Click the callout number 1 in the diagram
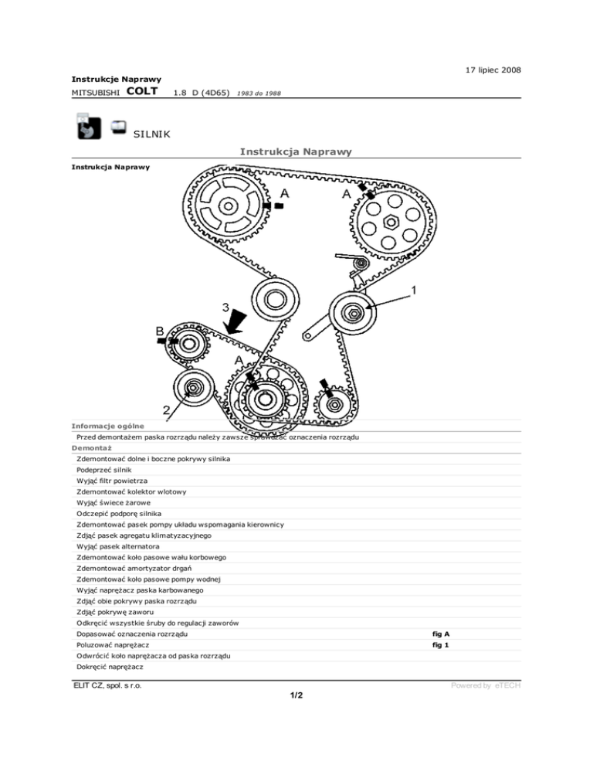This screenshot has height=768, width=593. pyautogui.click(x=415, y=291)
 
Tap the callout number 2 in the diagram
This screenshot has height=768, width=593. pyautogui.click(x=167, y=408)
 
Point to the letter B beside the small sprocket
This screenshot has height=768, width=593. pyautogui.click(x=160, y=331)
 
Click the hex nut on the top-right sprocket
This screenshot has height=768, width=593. pyautogui.click(x=391, y=223)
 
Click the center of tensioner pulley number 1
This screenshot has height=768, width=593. pyautogui.click(x=354, y=313)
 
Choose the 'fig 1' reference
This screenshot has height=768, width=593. pyautogui.click(x=440, y=644)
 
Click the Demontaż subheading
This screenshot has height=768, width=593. pyautogui.click(x=92, y=447)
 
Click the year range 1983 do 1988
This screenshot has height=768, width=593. pyautogui.click(x=259, y=93)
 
